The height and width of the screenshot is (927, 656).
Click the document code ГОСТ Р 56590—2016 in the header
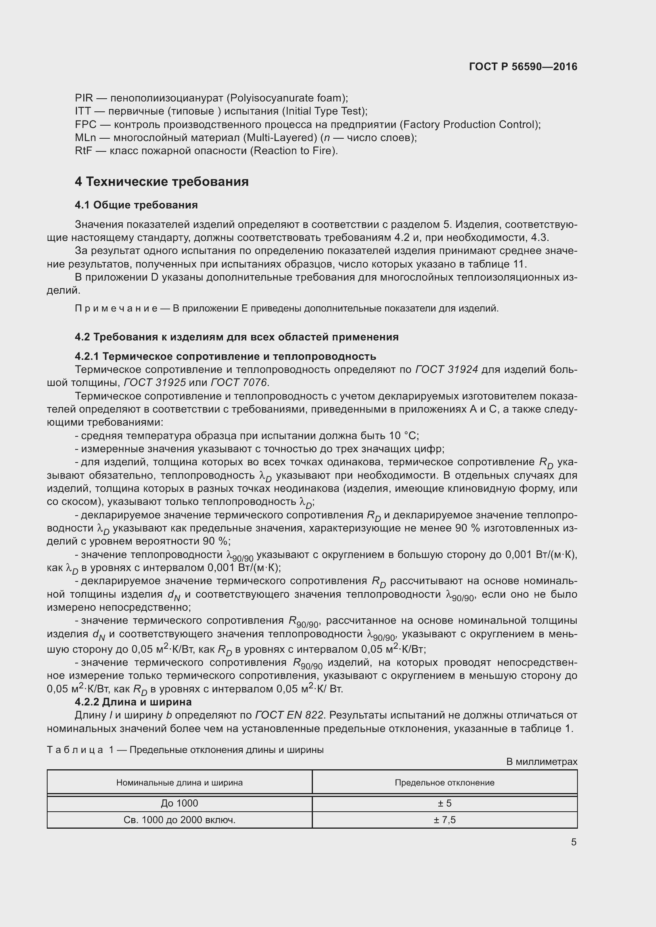pyautogui.click(x=523, y=67)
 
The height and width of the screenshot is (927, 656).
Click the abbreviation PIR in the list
pyautogui.click(x=84, y=98)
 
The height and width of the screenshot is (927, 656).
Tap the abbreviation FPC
pyautogui.click(x=86, y=124)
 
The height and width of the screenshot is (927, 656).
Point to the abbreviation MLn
pyautogui.click(x=85, y=138)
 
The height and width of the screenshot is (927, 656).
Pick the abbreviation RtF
pyautogui.click(x=84, y=151)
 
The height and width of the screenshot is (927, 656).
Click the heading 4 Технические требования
pyautogui.click(x=161, y=182)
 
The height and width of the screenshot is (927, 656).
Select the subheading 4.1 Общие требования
pyautogui.click(x=136, y=205)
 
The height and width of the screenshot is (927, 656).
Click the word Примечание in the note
pyautogui.click(x=116, y=309)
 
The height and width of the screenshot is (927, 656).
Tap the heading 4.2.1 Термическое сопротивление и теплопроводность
pyautogui.click(x=225, y=357)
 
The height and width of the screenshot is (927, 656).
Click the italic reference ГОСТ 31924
pyautogui.click(x=446, y=369)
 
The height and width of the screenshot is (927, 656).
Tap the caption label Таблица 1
pyautogui.click(x=80, y=750)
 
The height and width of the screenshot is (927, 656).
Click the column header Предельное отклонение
pyautogui.click(x=444, y=782)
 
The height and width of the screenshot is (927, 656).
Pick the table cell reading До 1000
pyautogui.click(x=179, y=803)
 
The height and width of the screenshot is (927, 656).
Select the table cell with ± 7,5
pyautogui.click(x=444, y=820)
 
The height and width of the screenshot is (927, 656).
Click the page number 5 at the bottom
pyautogui.click(x=574, y=842)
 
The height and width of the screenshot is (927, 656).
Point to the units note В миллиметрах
pyautogui.click(x=542, y=761)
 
